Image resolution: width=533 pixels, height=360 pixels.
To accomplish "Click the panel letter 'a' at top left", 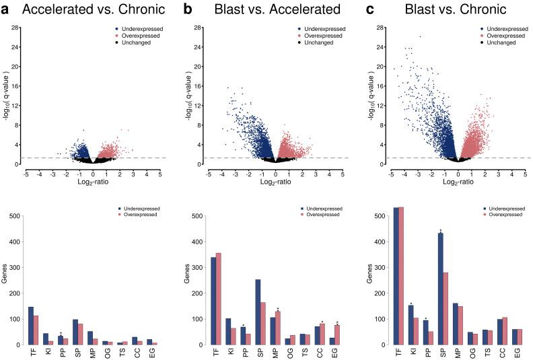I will (x=7, y=9).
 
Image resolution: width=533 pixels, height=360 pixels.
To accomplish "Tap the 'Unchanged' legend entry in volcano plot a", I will (x=138, y=43).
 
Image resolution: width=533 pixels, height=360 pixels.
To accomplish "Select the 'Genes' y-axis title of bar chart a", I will (x=5, y=281).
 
